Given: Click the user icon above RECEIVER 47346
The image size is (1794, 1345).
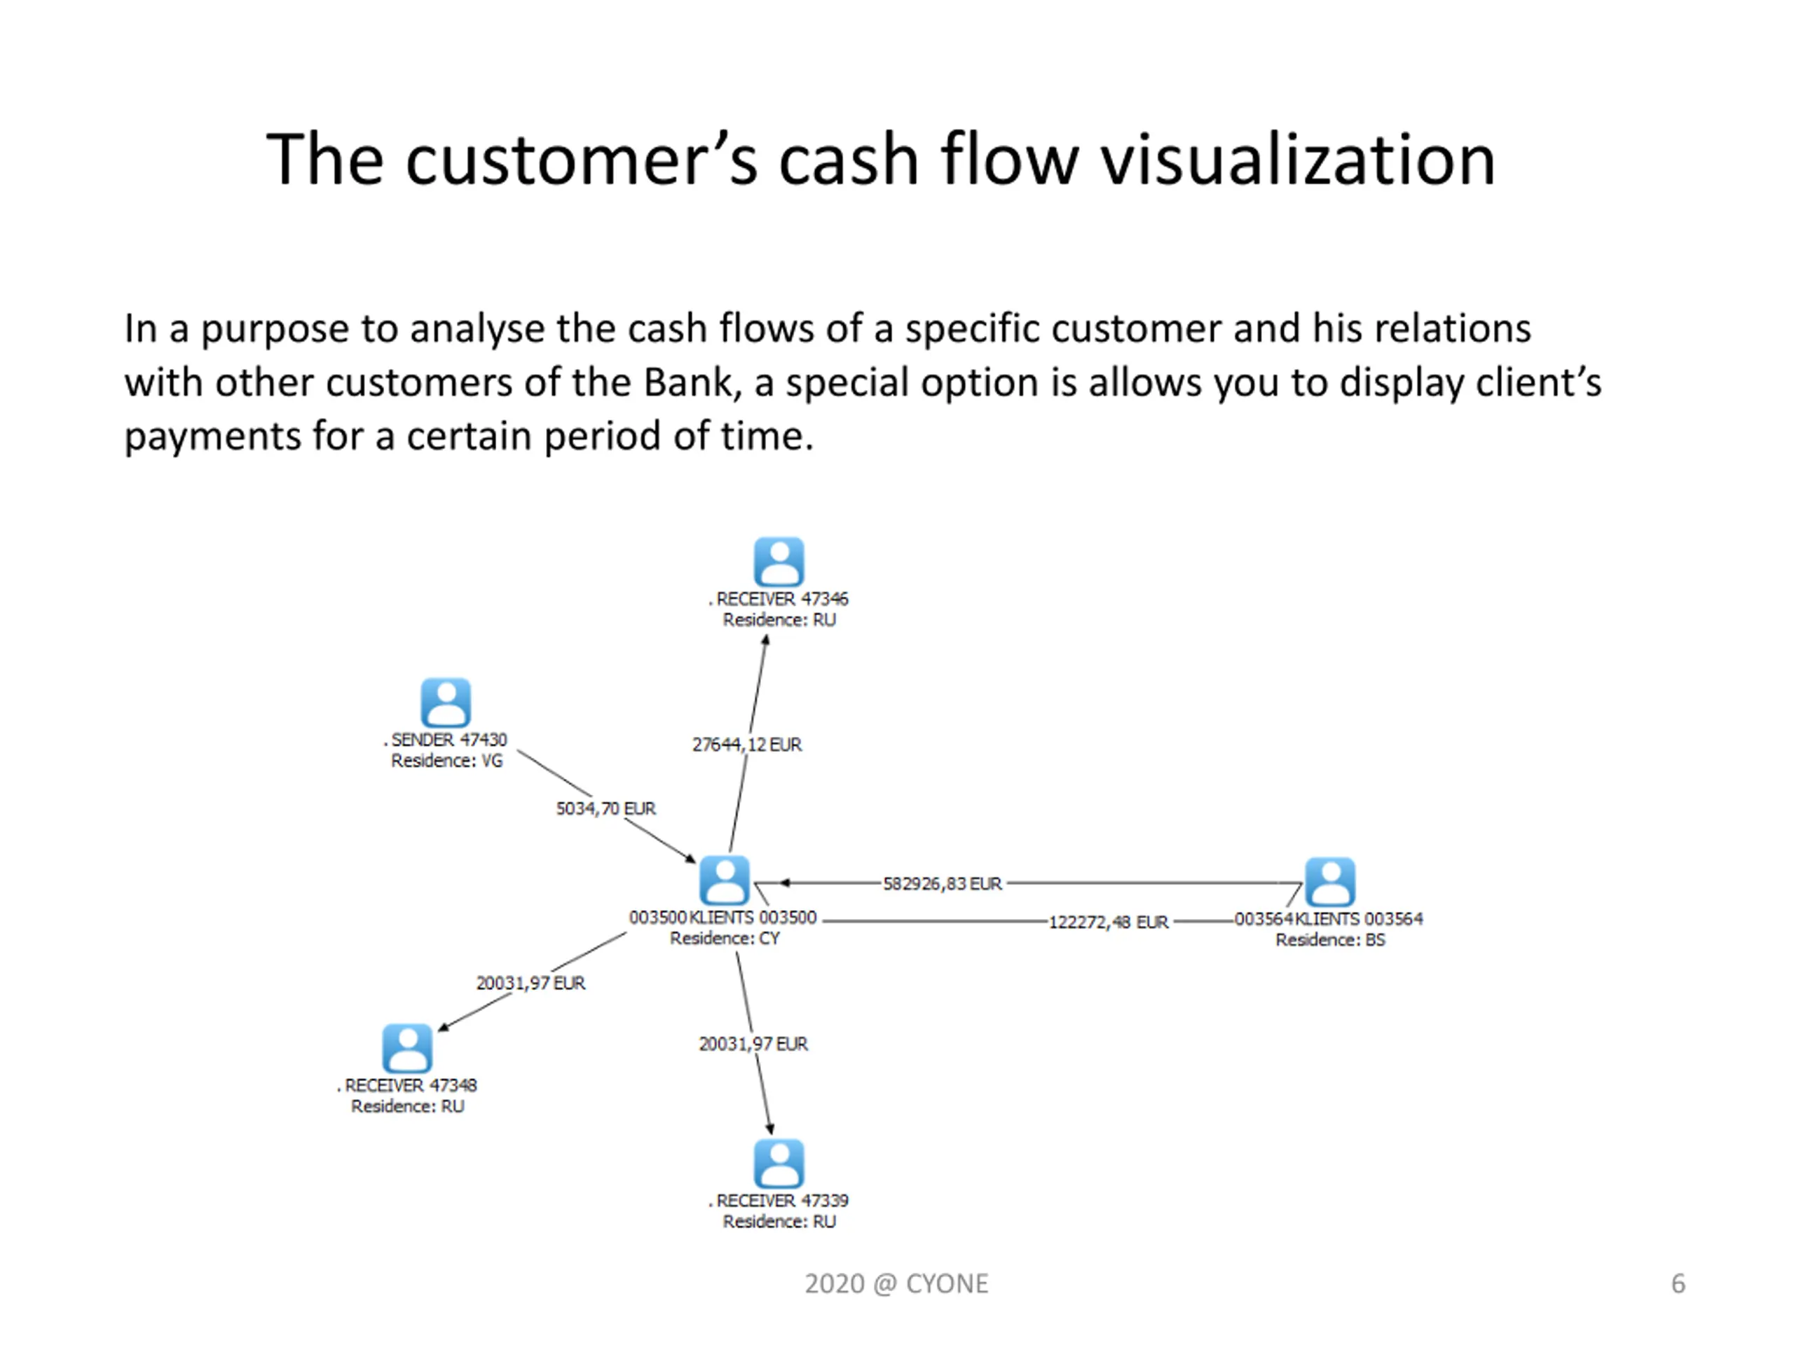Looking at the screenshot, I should pos(779,561).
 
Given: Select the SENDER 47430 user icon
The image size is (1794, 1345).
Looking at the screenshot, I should pos(445,702).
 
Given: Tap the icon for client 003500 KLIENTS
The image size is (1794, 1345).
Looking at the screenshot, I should pos(724,880).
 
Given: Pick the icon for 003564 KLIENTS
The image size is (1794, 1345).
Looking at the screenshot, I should pos(1329,881).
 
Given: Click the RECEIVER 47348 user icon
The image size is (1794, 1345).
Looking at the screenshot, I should pos(407,1047).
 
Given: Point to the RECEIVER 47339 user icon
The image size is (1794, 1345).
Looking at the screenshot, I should pos(779,1163).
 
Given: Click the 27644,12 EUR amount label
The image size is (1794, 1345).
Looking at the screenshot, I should pos(746,744).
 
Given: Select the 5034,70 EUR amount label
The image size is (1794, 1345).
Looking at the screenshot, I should pos(606,808).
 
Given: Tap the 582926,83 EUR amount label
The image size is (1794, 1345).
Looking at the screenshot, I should pos(943,883).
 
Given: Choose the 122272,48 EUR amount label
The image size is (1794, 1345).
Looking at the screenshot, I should pos(1108,922).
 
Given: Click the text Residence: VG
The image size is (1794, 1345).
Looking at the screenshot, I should pos(447,761).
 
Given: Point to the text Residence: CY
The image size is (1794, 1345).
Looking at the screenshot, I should pos(724,938).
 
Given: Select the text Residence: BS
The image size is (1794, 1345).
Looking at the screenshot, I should pos(1330,939).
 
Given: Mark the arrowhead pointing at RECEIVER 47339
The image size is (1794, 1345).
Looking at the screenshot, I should pos(769,1129).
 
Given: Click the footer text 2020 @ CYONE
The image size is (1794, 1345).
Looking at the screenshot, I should pos(896,1283).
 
